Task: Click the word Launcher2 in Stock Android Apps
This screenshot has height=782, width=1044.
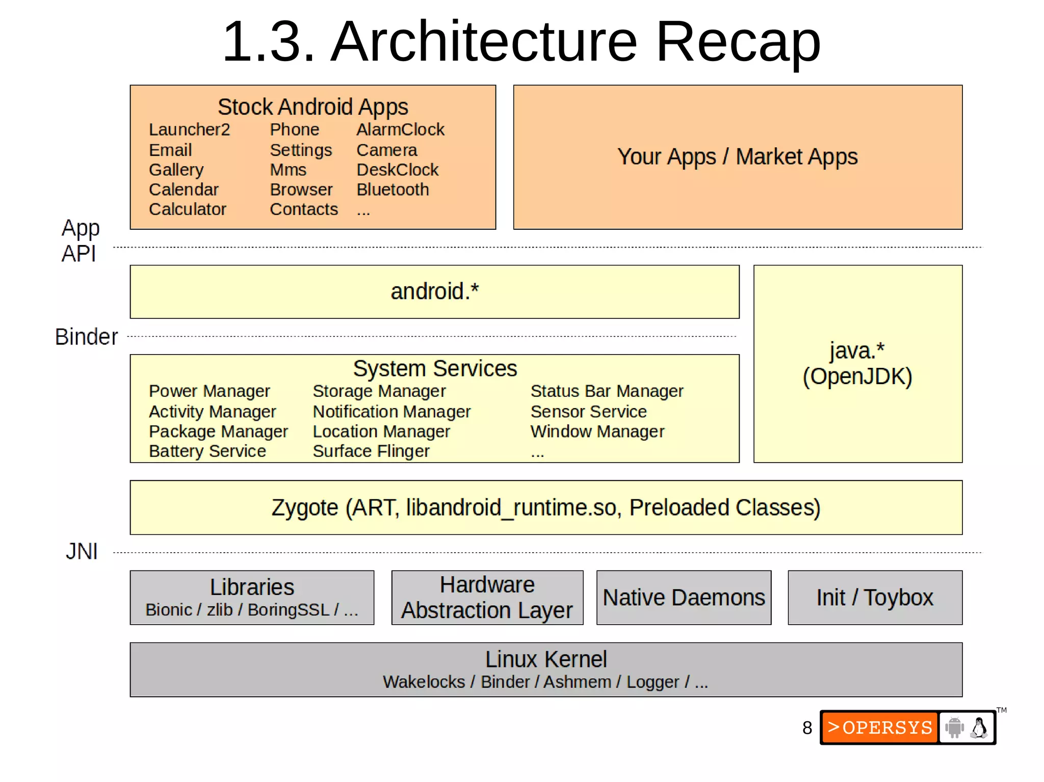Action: point(189,130)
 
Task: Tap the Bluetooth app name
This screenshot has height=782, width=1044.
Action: point(393,190)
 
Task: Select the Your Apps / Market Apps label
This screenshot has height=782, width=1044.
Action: point(737,157)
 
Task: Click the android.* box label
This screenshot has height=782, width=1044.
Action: point(434,292)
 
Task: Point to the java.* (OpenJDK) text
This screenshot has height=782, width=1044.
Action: point(857,364)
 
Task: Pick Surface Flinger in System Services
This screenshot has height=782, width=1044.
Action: point(371,451)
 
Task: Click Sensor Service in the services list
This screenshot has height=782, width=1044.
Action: point(588,412)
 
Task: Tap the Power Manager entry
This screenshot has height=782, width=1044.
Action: point(209,391)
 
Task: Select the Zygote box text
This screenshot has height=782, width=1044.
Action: point(545,508)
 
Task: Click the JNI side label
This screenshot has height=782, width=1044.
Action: point(82,552)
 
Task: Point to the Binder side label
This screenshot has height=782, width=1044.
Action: point(86,337)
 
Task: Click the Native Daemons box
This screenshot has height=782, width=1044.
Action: point(684,598)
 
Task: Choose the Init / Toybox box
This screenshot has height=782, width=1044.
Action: point(875,598)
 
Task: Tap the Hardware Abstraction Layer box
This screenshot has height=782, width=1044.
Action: point(487,598)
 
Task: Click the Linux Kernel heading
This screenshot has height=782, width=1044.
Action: point(545,660)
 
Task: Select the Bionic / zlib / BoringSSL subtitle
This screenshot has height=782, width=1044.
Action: point(252,610)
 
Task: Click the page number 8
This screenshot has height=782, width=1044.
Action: point(807,728)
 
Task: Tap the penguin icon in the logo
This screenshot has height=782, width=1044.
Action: point(979,727)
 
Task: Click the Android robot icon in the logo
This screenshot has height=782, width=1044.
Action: point(954,727)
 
